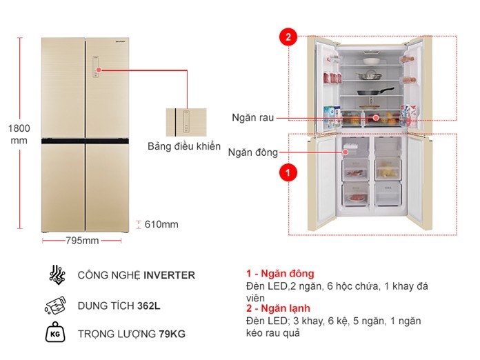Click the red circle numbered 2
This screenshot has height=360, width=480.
point(288,37)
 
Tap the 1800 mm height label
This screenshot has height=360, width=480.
point(19,134)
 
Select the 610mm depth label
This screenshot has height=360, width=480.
point(162,224)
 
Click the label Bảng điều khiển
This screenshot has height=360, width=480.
point(184,146)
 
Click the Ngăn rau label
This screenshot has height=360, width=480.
point(253,118)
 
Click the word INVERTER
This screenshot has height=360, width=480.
point(169,275)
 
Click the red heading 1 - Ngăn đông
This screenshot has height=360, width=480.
point(279,274)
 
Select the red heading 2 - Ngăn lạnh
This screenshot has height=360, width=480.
point(277,309)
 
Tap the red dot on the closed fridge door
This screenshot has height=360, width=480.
point(99,70)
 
